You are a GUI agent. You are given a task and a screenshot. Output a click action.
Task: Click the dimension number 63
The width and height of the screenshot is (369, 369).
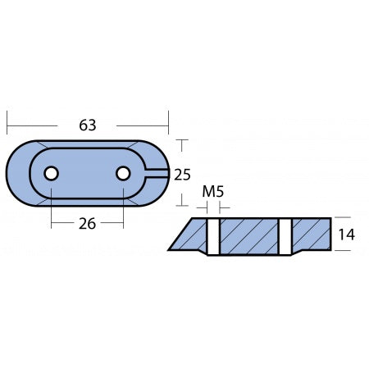(88, 125)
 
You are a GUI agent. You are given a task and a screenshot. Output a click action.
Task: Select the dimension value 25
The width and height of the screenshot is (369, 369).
(183, 173)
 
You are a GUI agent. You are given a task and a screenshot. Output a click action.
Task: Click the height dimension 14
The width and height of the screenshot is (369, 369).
(347, 235)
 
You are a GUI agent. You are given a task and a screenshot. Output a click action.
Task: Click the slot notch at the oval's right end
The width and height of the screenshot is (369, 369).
(157, 173)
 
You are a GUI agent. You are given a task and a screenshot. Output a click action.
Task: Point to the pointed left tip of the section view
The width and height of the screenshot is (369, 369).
(171, 248)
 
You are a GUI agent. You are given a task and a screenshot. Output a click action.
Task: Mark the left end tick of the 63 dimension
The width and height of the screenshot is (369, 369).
(7, 125)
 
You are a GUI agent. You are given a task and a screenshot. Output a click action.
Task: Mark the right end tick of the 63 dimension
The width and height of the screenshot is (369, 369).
(168, 125)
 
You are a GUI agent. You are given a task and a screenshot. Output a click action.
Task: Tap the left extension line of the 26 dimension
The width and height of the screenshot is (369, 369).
(52, 209)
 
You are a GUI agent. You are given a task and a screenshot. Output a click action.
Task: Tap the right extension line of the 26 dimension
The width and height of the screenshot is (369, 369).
(123, 209)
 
